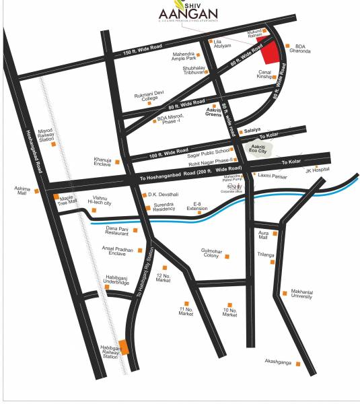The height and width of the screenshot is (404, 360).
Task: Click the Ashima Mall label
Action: pos(23,191)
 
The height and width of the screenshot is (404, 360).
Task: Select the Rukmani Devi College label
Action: pos(146,97)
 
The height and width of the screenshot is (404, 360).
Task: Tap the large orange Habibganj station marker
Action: pos(124,347)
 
